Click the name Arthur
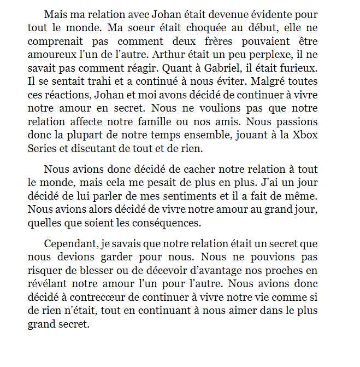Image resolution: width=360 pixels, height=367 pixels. [169, 54]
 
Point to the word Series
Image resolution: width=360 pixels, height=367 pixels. [42, 148]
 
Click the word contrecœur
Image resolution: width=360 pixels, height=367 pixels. [102, 297]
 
